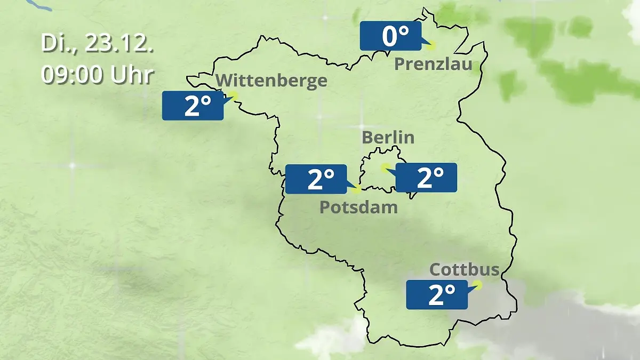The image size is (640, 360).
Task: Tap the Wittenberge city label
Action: point(272,81)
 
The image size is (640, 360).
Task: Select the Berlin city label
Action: point(388,137)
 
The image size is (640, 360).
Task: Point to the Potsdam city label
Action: point(358,207)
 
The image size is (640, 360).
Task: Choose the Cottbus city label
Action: point(465,269)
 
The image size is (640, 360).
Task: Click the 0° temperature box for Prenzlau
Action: point(390,36)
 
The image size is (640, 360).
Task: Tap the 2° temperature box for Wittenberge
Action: point(193,105)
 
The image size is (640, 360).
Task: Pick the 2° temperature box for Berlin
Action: point(426,178)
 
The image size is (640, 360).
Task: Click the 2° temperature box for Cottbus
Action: point(437,294)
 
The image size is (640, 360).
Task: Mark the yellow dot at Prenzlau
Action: point(430,45)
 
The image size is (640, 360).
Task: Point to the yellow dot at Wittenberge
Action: point(233,96)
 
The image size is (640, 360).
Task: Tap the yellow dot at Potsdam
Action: point(357,189)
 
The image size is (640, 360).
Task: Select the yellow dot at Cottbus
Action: point(477,285)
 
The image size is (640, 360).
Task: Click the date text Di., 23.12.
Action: point(97,43)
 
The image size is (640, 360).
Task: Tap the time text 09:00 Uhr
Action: point(97,75)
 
